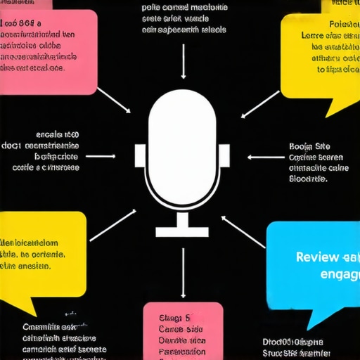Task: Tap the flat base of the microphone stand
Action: [182, 231]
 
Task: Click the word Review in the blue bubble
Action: [316, 257]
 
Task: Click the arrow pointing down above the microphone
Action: [183, 63]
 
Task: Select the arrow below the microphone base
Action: [183, 271]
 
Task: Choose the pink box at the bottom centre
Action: [182, 330]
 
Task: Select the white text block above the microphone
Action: [184, 19]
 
